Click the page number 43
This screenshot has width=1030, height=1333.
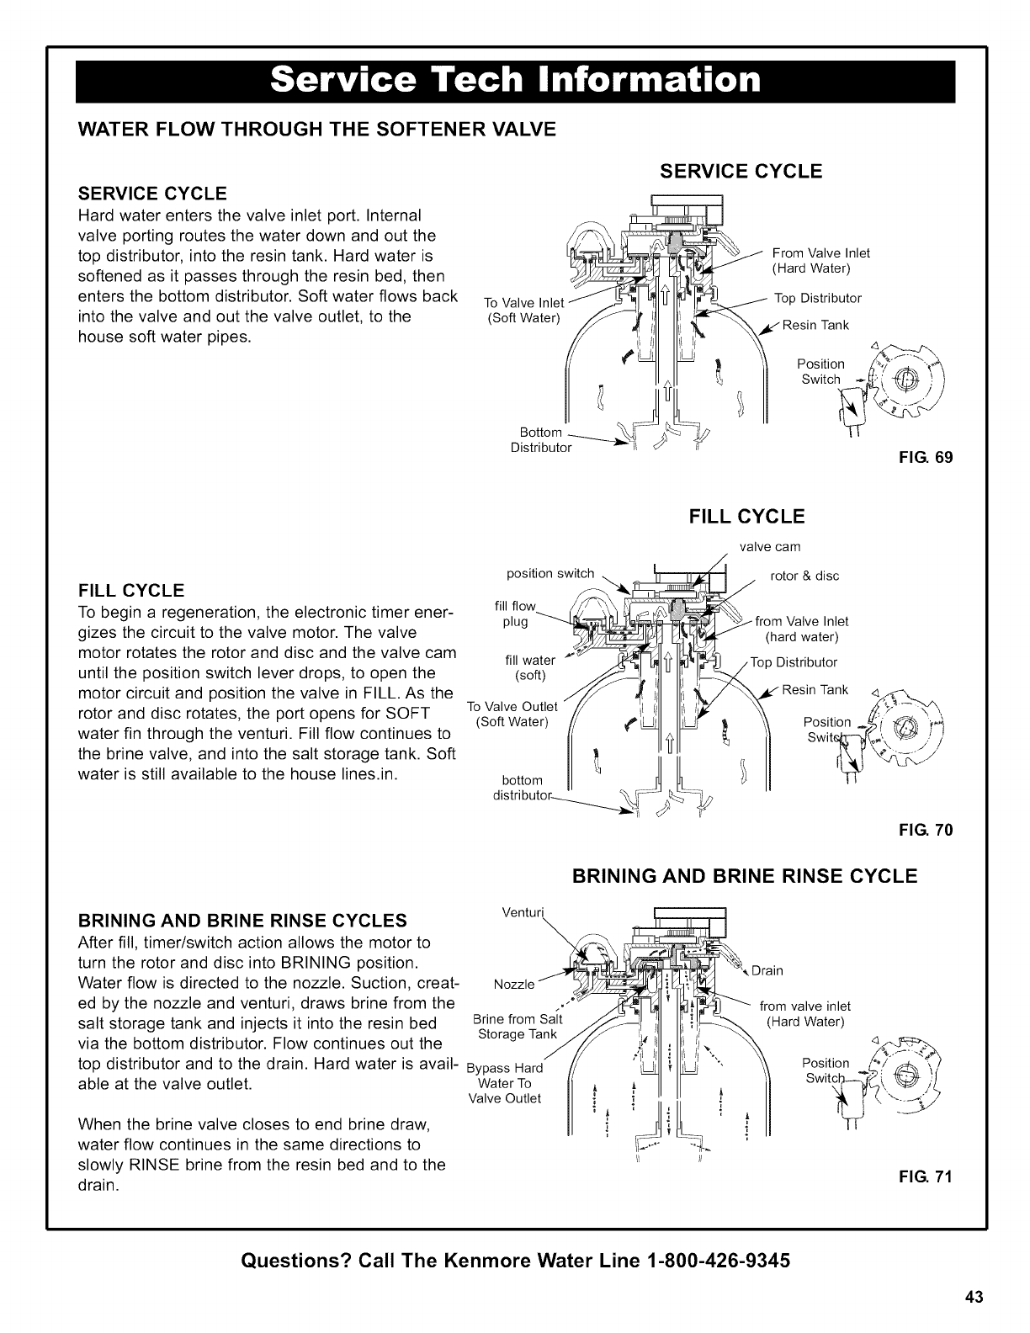pos(974,1296)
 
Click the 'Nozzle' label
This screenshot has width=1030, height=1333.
pos(513,984)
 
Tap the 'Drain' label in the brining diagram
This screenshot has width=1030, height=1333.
pos(767,970)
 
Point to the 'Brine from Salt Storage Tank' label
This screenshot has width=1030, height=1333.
pos(518,1027)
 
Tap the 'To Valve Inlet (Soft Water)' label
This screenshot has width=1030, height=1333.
pos(524,310)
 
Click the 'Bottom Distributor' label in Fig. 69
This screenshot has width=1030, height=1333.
pos(541,439)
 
